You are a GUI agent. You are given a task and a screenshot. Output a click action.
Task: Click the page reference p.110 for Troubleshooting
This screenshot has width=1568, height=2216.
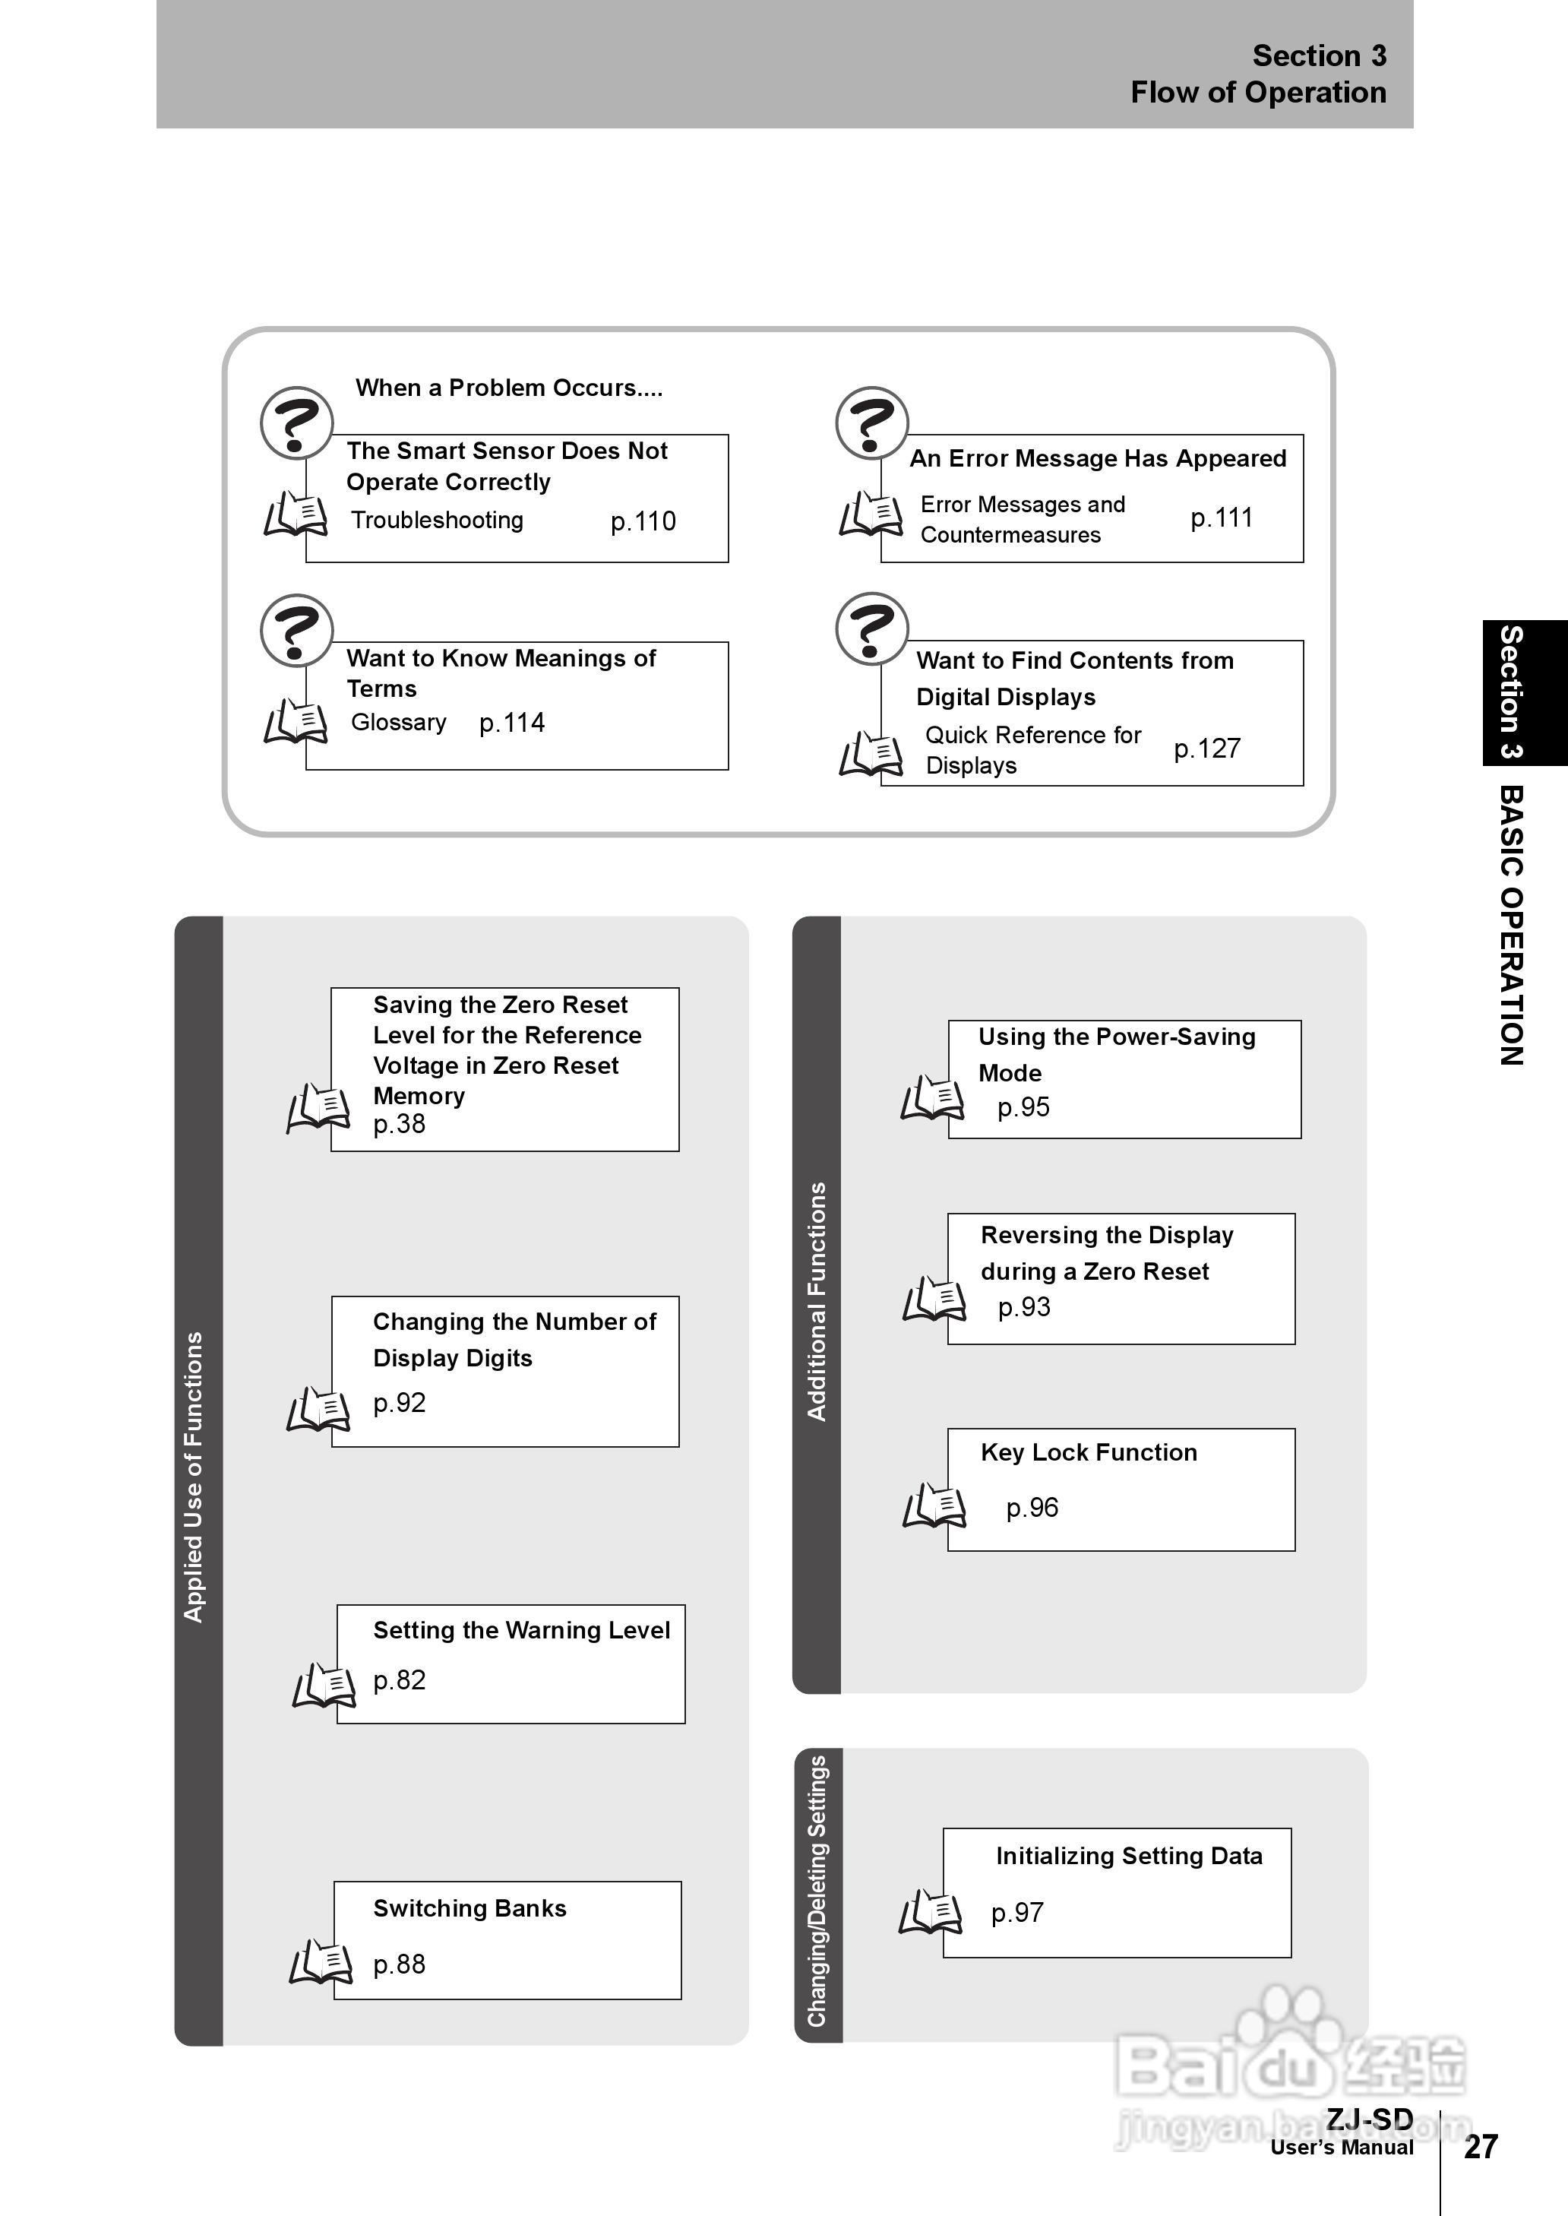[643, 521]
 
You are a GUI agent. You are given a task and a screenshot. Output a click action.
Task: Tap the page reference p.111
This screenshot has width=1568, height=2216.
[1222, 518]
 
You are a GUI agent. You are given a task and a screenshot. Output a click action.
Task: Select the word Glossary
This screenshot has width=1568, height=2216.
[399, 722]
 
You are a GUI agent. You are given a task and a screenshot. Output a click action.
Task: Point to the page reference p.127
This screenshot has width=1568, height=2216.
[1207, 749]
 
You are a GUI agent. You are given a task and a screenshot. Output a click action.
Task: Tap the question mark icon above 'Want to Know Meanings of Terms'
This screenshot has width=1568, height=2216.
[296, 629]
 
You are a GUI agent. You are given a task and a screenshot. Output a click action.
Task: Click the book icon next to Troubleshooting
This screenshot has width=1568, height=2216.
[296, 514]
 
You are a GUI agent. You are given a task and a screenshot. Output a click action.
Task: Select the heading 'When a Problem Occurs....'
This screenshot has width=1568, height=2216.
[509, 388]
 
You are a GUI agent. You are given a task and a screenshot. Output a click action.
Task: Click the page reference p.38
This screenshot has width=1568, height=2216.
[400, 1124]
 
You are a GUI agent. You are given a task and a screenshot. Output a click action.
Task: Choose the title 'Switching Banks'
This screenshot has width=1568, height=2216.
[469, 1908]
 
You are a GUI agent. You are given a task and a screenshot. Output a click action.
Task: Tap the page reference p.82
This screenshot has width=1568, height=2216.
[400, 1680]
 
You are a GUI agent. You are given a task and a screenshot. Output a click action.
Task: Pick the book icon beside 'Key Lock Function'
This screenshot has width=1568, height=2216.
[934, 1505]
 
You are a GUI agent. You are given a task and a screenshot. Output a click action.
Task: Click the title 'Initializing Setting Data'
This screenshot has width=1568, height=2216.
[1129, 1856]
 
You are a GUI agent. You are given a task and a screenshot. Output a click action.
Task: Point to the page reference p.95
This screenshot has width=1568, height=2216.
[1023, 1107]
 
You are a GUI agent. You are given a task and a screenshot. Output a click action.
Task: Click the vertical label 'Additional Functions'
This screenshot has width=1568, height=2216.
[817, 1302]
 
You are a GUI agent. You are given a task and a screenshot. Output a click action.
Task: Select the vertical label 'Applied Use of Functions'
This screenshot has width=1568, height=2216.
[194, 1477]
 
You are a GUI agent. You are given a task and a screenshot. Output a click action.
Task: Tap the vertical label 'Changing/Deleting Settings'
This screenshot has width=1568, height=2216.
[817, 1891]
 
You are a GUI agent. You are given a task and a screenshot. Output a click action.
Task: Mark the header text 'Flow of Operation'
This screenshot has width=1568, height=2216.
[1258, 93]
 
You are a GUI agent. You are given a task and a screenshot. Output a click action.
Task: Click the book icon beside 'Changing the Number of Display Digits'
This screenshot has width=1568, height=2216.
[318, 1410]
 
